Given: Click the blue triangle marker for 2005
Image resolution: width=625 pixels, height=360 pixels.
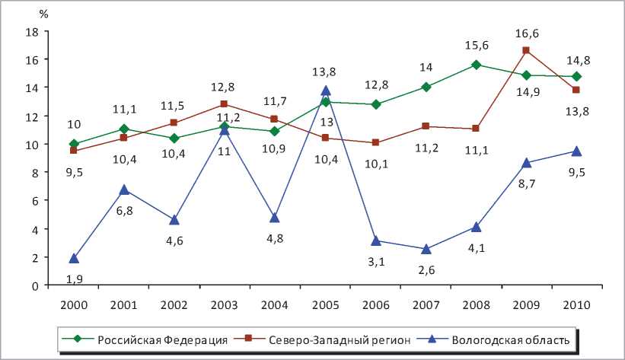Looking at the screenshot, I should pos(326,91).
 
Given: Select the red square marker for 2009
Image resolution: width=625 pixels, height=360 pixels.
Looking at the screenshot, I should pos(526,50).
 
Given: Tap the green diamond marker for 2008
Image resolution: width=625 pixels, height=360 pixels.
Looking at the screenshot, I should pos(476,65).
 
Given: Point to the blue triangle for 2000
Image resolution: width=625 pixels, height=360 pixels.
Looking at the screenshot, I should pos(74,258).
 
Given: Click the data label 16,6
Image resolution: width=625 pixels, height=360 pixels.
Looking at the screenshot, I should pos(526,33).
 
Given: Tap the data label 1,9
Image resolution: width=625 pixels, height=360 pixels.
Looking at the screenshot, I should pos(74,279).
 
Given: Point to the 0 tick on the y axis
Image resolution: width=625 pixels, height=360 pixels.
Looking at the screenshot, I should pos(35,286).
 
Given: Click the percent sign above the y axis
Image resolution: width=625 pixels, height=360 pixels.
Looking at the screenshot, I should pos(45,14).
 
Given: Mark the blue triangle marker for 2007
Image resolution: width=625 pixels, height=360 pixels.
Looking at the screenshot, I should pos(426,249).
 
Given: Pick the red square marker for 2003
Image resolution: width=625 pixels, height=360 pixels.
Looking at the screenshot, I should pos(225,104).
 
